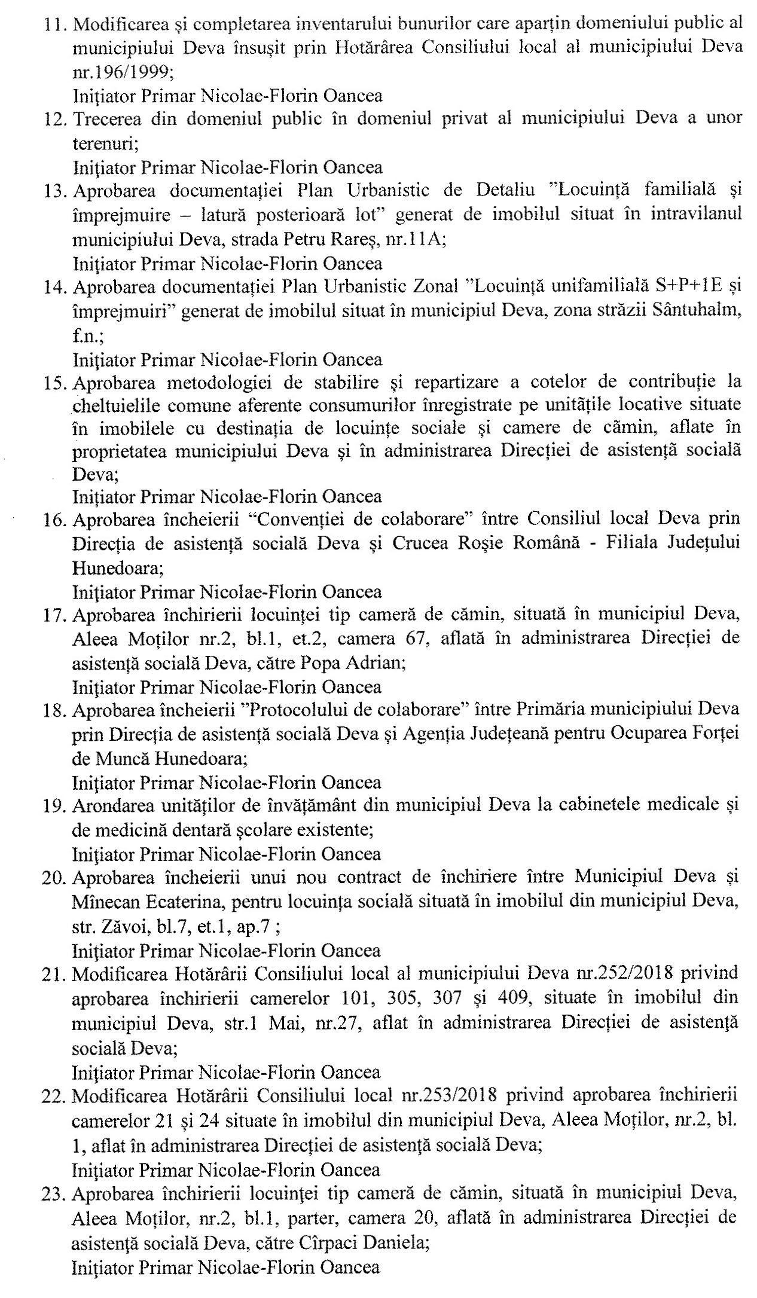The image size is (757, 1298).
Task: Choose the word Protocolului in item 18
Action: point(298,710)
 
